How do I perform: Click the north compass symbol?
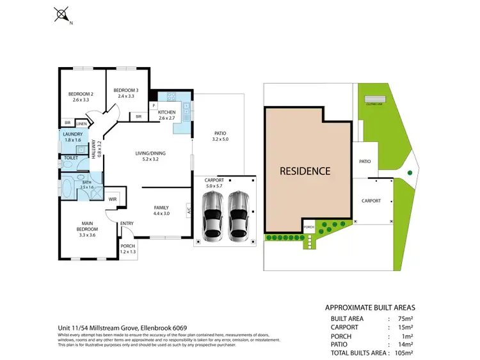(x=62, y=14)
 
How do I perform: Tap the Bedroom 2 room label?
(x=81, y=97)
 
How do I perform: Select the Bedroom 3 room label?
(x=126, y=93)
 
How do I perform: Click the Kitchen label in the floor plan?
(x=166, y=115)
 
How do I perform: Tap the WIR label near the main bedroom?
(x=113, y=200)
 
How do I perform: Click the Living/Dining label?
(x=150, y=156)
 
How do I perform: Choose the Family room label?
(x=161, y=210)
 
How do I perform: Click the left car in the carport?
(x=212, y=214)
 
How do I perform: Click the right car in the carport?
(x=237, y=214)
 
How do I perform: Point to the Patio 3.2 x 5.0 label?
(x=220, y=136)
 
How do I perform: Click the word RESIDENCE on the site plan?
(x=305, y=171)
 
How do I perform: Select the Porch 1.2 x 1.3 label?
(x=128, y=249)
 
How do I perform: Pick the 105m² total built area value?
(x=403, y=352)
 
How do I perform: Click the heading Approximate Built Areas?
(x=369, y=306)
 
